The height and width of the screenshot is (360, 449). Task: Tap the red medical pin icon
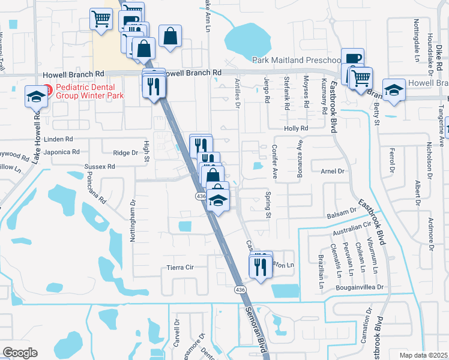click(x=47, y=91)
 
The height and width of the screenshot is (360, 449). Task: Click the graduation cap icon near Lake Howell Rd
click(x=35, y=96)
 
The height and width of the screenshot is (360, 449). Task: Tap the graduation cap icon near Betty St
click(x=394, y=89)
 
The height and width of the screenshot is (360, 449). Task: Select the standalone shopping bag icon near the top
click(x=170, y=35)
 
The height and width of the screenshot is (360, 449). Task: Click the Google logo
click(x=20, y=353)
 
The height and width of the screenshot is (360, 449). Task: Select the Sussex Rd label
click(x=100, y=166)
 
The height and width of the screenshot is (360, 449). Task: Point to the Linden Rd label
click(x=59, y=139)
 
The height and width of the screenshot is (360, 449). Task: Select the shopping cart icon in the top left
click(x=100, y=19)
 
